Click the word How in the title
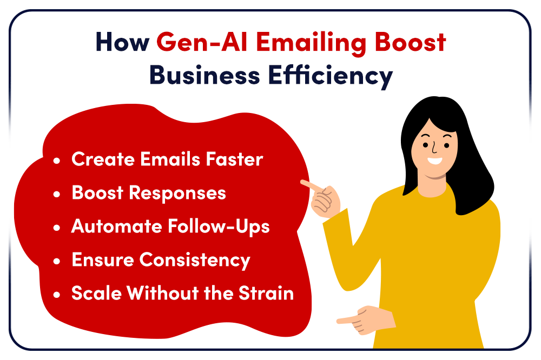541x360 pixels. pyautogui.click(x=122, y=42)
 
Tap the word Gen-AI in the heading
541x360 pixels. pyautogui.click(x=202, y=42)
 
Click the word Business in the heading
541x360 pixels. pyautogui.click(x=204, y=75)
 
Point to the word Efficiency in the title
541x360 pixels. pyautogui.click(x=331, y=77)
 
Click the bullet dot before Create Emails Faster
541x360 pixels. pyautogui.click(x=57, y=161)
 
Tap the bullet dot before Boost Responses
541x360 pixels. pyautogui.click(x=57, y=194)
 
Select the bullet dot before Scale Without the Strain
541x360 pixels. pyautogui.click(x=57, y=295)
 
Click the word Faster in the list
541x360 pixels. pyautogui.click(x=234, y=159)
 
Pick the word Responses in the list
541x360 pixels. pyautogui.click(x=177, y=194)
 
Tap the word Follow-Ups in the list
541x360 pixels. pyautogui.click(x=219, y=227)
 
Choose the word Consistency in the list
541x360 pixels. pyautogui.click(x=195, y=261)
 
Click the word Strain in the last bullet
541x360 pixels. pyautogui.click(x=266, y=293)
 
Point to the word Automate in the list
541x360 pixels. pyautogui.click(x=117, y=226)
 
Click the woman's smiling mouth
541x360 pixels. pyautogui.click(x=434, y=161)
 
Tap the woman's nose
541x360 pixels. pyautogui.click(x=434, y=148)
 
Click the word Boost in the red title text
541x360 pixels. pyautogui.click(x=410, y=42)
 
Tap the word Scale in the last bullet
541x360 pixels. pyautogui.click(x=97, y=293)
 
